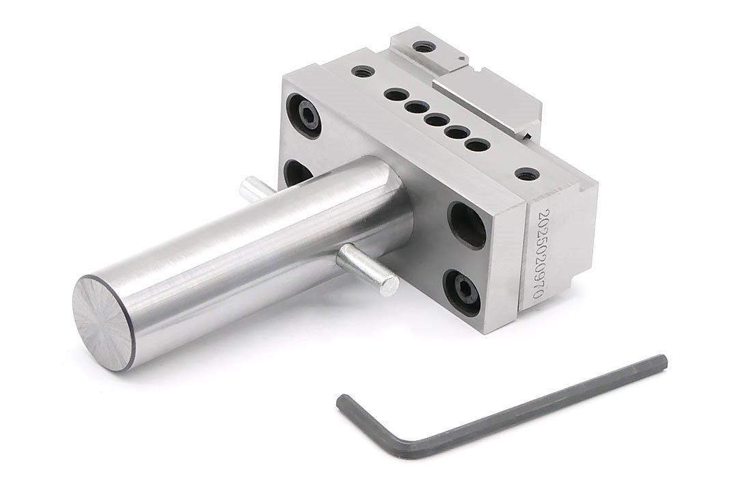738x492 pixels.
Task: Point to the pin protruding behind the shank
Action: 255,188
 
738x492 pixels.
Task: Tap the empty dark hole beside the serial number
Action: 467,224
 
